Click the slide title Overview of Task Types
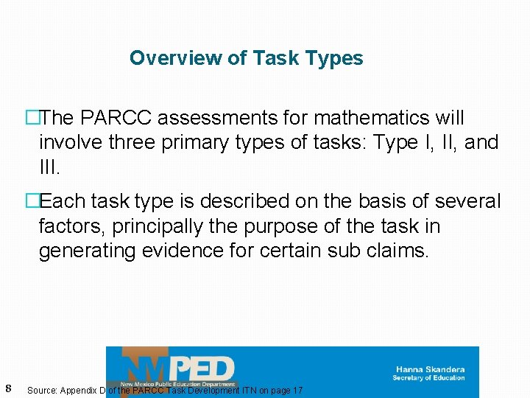246,58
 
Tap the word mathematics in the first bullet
369,118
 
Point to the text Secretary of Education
428,378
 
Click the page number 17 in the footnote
297,390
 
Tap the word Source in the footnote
43,390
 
